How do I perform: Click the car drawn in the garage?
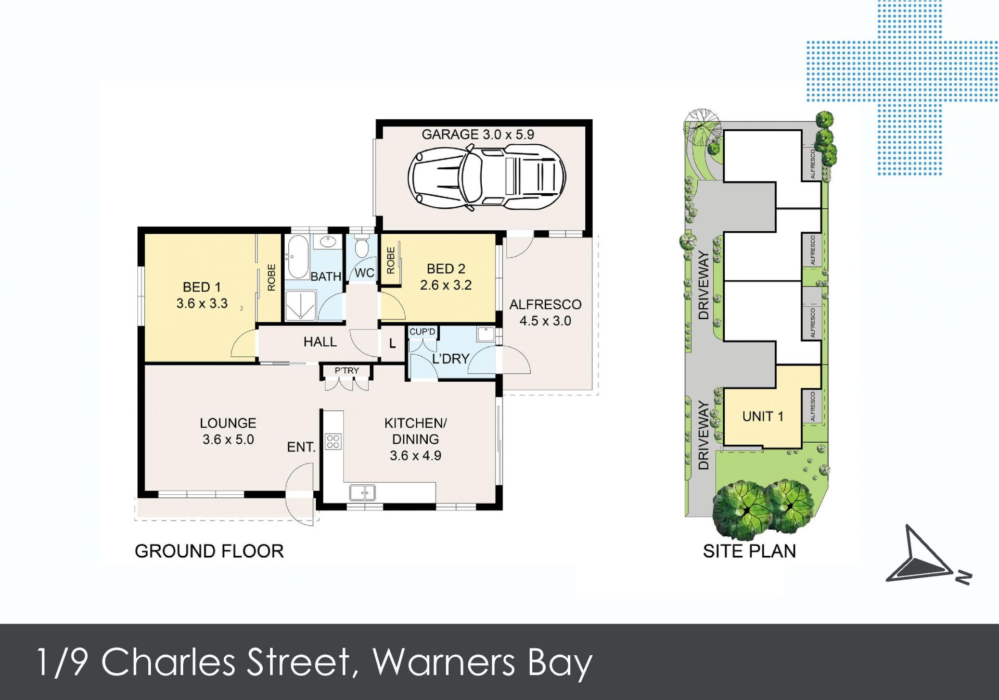pyautogui.click(x=486, y=177)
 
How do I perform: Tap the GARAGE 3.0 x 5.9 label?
pyautogui.click(x=478, y=134)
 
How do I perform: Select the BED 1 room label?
pyautogui.click(x=202, y=287)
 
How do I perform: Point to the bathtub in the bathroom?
pyautogui.click(x=298, y=257)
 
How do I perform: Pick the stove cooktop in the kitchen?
pyautogui.click(x=333, y=442)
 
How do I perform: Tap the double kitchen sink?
pyautogui.click(x=362, y=492)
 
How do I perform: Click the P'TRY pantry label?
pyautogui.click(x=347, y=370)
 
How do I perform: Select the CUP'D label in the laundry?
pyautogui.click(x=422, y=332)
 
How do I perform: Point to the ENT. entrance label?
pyautogui.click(x=301, y=447)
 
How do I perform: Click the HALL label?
pyautogui.click(x=320, y=342)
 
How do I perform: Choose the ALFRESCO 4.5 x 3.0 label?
pyautogui.click(x=545, y=312)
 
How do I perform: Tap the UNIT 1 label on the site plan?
pyautogui.click(x=763, y=416)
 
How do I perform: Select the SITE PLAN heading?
pyautogui.click(x=749, y=551)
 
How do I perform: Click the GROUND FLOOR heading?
pyautogui.click(x=209, y=551)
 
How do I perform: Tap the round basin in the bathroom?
pyautogui.click(x=328, y=242)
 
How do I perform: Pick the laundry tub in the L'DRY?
pyautogui.click(x=486, y=334)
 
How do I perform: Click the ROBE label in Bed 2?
pyautogui.click(x=391, y=260)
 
